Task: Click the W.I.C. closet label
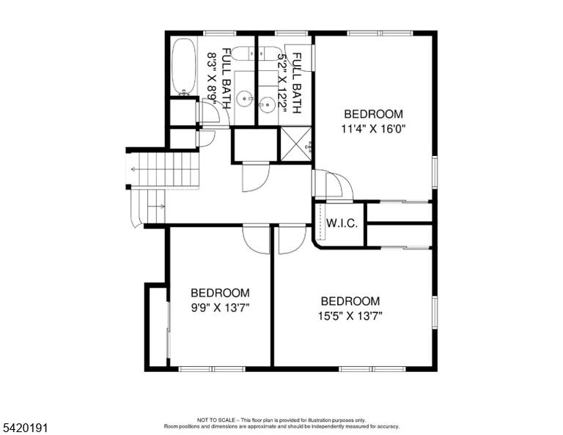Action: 342,223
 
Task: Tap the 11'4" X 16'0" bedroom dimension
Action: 373,129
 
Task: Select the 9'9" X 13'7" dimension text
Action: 220,308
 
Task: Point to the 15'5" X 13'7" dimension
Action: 350,316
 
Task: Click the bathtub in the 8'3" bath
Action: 184,67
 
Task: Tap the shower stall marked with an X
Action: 295,144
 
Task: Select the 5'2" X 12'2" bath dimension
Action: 283,83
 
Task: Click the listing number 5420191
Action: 25,428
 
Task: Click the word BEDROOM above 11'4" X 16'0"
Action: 373,114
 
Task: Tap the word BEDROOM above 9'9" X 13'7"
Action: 220,293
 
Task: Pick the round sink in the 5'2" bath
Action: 267,105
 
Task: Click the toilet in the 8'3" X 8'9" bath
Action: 243,54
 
